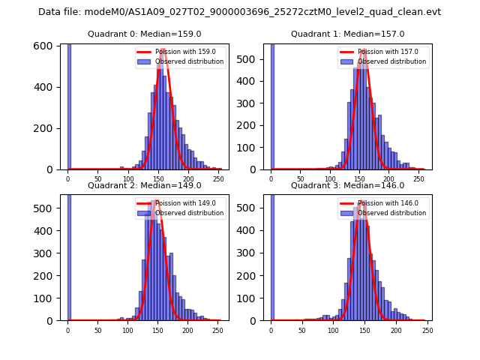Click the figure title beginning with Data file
pyautogui.click(x=239, y=12)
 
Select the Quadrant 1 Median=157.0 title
pyautogui.click(x=347, y=34)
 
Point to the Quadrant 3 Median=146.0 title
pyautogui.click(x=347, y=185)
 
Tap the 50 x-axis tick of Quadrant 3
pyautogui.click(x=300, y=330)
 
